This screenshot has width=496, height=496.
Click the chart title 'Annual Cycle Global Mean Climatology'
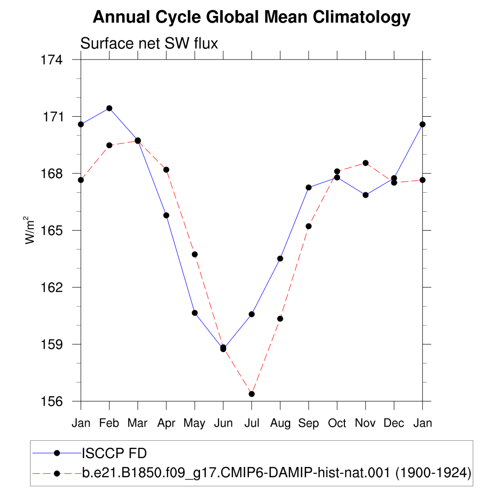point(251,17)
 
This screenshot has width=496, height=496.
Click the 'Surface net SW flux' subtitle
point(149,43)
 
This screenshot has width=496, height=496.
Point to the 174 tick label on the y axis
point(52,60)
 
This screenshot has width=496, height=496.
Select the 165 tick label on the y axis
point(52,230)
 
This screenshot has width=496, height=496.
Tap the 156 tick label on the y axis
point(52,401)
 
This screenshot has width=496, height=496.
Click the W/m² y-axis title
point(29,230)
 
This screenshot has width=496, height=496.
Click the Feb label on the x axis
point(109,423)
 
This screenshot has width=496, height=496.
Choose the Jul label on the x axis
point(252,423)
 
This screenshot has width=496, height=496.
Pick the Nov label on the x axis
point(365,423)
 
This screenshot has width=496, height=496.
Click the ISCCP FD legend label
point(114,453)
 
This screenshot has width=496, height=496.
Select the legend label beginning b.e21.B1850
point(277,473)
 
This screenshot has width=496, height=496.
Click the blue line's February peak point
point(109,108)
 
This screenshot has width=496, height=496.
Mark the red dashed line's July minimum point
point(252,394)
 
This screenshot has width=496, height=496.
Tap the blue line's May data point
point(195,313)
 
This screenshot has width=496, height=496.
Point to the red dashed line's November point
point(366,163)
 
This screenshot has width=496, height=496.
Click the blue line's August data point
point(280,259)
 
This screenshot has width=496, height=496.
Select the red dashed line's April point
point(167,170)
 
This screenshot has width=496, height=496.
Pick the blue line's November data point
point(366,195)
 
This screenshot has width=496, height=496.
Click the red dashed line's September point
point(309,226)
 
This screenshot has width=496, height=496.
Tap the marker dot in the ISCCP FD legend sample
point(57,453)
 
